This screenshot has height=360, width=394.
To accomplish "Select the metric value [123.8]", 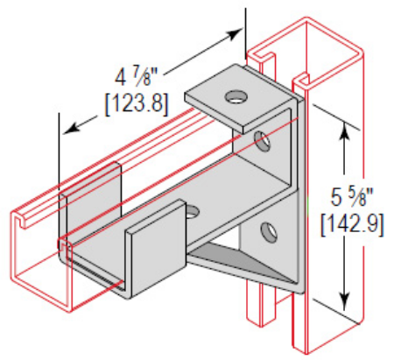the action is pos(137,103).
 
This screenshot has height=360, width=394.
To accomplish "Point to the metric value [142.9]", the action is pos(352,224).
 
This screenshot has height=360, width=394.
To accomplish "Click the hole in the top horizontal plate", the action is pos(236,97).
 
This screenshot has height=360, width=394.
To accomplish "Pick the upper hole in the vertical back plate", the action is pos(262,141).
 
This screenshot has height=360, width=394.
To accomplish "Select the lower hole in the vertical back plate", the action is pos(269,232).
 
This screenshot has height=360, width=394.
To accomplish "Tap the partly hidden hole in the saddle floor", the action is pos(192,213).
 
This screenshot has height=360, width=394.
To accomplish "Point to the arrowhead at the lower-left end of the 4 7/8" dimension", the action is pos(71,129).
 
